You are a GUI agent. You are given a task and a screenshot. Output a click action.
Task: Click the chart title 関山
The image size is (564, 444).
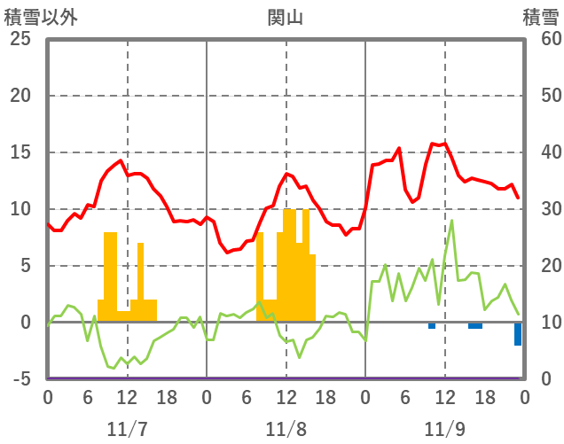pyautogui.click(x=285, y=17)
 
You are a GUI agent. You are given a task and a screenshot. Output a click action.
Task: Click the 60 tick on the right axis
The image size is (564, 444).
pyautogui.click(x=542, y=39)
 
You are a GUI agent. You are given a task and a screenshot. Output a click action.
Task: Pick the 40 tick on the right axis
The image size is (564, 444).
pyautogui.click(x=542, y=152)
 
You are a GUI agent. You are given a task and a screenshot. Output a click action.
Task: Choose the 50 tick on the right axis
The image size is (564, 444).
pyautogui.click(x=542, y=96)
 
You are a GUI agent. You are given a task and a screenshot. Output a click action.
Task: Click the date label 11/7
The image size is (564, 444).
pyautogui.click(x=127, y=429)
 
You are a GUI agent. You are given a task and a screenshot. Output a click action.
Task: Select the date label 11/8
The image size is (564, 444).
pyautogui.click(x=286, y=429)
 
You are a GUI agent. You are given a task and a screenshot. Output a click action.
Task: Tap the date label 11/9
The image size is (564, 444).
pyautogui.click(x=444, y=429)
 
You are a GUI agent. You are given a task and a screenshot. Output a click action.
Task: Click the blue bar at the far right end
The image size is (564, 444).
pyautogui.click(x=518, y=334)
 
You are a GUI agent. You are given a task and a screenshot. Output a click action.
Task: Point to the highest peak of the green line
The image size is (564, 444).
pyautogui.click(x=451, y=221)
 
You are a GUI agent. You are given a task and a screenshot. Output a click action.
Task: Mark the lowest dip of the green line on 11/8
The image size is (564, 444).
pyautogui.click(x=300, y=357)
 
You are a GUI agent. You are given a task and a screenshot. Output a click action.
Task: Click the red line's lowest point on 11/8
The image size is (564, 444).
pyautogui.click(x=227, y=253)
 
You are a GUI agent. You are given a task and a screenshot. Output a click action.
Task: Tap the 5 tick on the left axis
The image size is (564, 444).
pyautogui.click(x=24, y=266)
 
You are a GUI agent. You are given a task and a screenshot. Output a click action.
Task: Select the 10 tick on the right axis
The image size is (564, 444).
pyautogui.click(x=542, y=323)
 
